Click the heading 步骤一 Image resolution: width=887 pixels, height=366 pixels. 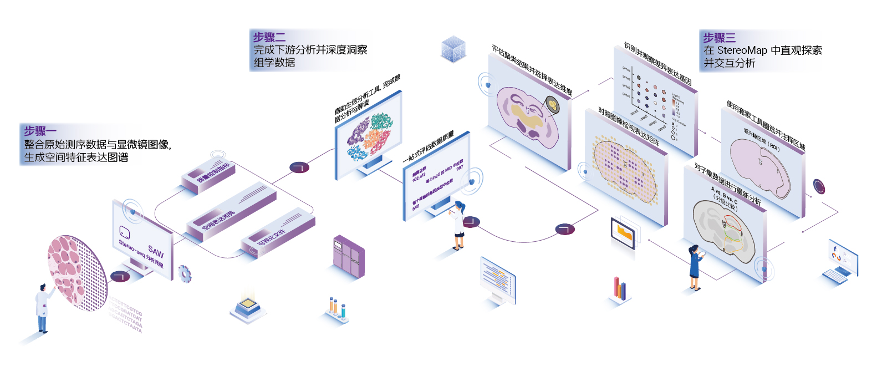click(x=40, y=131)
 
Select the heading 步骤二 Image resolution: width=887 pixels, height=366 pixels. click(x=269, y=37)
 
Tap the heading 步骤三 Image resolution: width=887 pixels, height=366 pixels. click(x=720, y=38)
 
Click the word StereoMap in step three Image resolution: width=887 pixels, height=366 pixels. click(x=742, y=50)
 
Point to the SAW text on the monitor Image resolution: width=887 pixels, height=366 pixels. click(x=156, y=251)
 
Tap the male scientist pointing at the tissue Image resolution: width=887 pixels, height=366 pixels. click(x=43, y=308)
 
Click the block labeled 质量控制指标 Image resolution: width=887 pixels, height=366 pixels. click(x=213, y=174)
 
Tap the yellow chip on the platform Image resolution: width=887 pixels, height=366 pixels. click(x=248, y=305)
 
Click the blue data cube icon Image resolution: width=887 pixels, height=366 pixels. click(x=453, y=49)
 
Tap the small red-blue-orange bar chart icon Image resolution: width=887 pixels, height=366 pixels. click(x=620, y=288)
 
